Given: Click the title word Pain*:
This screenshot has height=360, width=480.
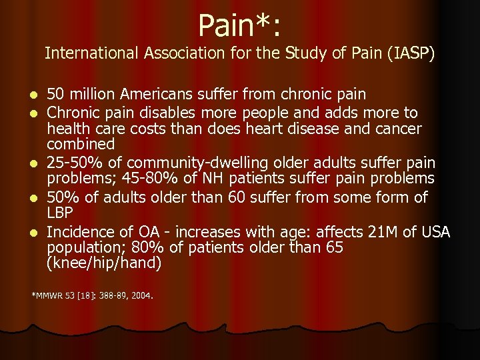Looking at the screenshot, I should tap(239, 27).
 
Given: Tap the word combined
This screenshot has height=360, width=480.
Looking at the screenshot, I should tap(81, 144).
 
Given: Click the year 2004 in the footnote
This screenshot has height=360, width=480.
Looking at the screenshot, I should tap(142, 294).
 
